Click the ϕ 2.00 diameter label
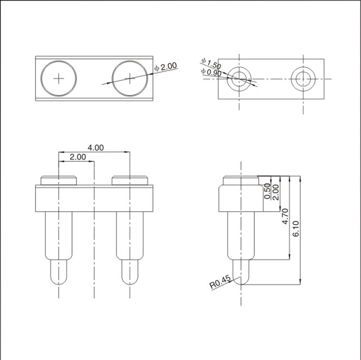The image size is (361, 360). click(166, 67)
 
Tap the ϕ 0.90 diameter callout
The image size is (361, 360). click(211, 72)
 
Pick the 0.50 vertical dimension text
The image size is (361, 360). click(267, 191)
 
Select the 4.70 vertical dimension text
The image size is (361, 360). click(285, 216)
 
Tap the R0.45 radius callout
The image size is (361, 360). click(219, 282)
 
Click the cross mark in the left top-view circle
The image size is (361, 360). click(58, 78)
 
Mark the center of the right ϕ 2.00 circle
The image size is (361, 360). click(130, 78)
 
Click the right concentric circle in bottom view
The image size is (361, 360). click(303, 79)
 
